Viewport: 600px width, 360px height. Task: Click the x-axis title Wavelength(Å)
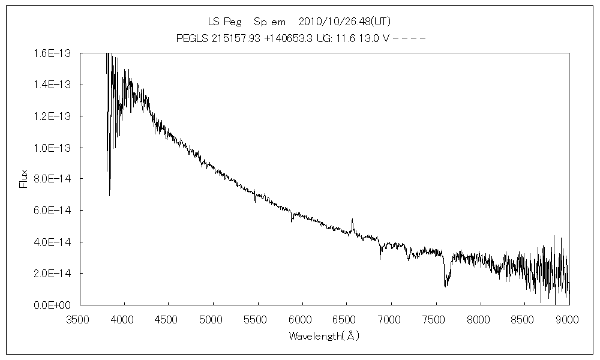[x=323, y=336]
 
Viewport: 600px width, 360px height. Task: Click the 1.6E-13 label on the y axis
[x=53, y=53]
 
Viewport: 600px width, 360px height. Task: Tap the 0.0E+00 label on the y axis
[x=53, y=305]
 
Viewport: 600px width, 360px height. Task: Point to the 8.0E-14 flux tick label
[x=53, y=179]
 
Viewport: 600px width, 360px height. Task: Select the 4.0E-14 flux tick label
[x=53, y=242]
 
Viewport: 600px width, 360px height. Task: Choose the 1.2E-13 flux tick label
[x=53, y=116]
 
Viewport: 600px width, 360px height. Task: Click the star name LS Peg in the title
[x=224, y=22]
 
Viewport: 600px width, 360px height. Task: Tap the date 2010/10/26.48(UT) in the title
[x=345, y=22]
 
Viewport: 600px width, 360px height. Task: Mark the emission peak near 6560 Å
[x=352, y=220]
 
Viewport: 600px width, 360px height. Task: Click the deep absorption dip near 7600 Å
[x=445, y=286]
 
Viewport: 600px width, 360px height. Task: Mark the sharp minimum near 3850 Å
[x=109, y=195]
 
